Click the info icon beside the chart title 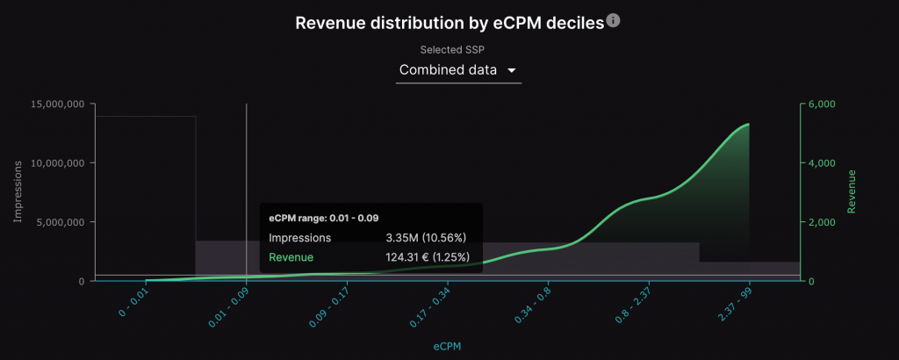point(614,20)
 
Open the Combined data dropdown point(458,70)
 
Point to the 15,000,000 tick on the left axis point(57,104)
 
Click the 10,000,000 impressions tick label point(57,162)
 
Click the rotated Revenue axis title point(851,191)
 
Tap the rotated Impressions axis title point(18,191)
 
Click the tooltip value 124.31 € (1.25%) point(428,256)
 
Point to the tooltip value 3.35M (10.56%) point(425,237)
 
